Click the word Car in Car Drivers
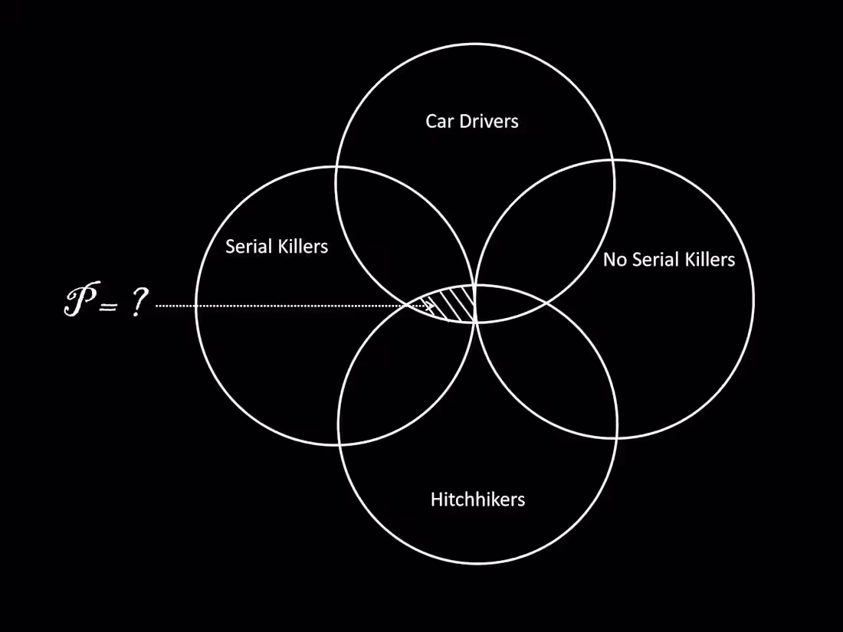[x=439, y=121]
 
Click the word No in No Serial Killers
[x=614, y=260]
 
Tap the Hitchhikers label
[x=477, y=500]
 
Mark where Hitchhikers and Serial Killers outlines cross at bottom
[x=339, y=444]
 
